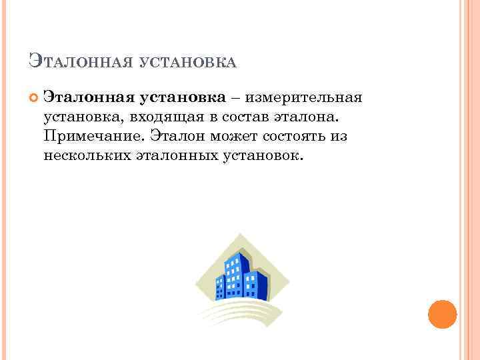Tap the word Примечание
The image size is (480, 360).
coord(93,137)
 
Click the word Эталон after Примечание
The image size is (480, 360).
coord(177,136)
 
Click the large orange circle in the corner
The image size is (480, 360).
coord(441,314)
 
